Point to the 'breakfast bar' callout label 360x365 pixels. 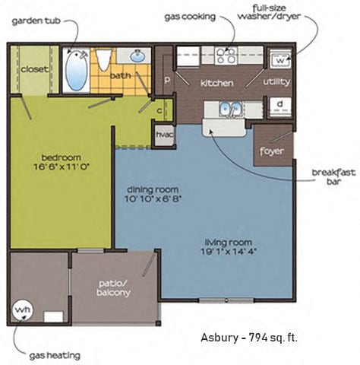[333, 176]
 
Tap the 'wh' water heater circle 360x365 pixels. [22, 310]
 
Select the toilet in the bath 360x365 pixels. [104, 59]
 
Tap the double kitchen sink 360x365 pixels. [225, 109]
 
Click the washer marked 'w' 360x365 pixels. [279, 59]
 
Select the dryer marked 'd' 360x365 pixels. [279, 105]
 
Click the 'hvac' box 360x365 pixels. [165, 135]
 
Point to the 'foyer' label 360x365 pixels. [271, 151]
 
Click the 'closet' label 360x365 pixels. [34, 68]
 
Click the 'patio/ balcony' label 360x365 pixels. [115, 289]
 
